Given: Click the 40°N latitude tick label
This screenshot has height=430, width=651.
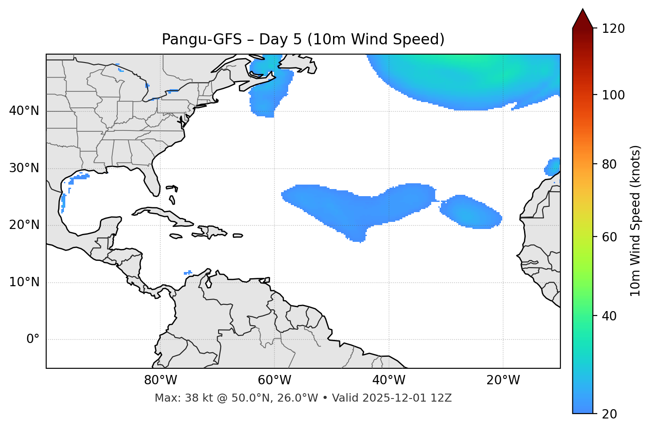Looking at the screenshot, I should click(24, 111).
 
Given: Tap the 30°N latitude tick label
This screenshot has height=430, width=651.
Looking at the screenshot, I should click(24, 168).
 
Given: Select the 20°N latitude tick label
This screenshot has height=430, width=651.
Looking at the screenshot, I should click(24, 225).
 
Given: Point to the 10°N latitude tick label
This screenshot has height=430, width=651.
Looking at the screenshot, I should click(24, 282).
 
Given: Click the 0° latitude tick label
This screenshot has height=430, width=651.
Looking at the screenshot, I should click(33, 339).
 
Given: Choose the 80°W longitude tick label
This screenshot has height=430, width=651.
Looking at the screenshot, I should click(160, 380).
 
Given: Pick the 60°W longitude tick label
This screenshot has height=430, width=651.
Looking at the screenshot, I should click(274, 380).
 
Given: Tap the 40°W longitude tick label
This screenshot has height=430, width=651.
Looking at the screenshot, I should click(389, 380).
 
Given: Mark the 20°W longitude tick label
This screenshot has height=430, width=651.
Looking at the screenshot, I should click(503, 380).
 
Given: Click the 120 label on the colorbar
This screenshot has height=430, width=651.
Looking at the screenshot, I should click(613, 29).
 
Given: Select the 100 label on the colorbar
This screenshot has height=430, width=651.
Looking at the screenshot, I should click(613, 95).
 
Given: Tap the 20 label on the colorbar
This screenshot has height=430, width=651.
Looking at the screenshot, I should click(609, 414).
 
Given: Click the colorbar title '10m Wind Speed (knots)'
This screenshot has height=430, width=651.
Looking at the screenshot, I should click(635, 221).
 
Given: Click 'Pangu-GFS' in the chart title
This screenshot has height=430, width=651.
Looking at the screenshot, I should click(201, 39).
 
